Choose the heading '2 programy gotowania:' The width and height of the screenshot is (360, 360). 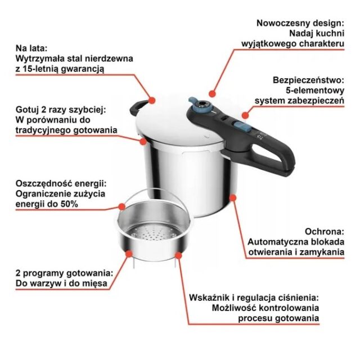pyautogui.click(x=56, y=273)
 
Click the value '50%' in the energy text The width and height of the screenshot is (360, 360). pyautogui.click(x=67, y=204)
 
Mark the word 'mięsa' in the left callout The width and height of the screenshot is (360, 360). pyautogui.click(x=93, y=283)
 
